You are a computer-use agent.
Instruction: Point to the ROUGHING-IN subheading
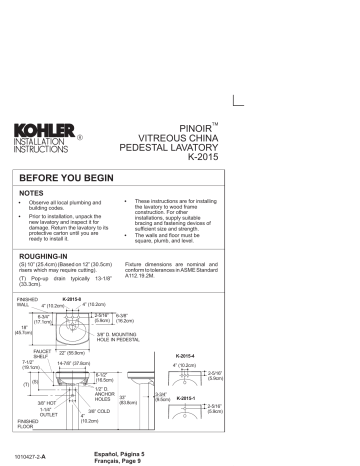51,256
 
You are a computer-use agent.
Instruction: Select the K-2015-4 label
243,355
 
